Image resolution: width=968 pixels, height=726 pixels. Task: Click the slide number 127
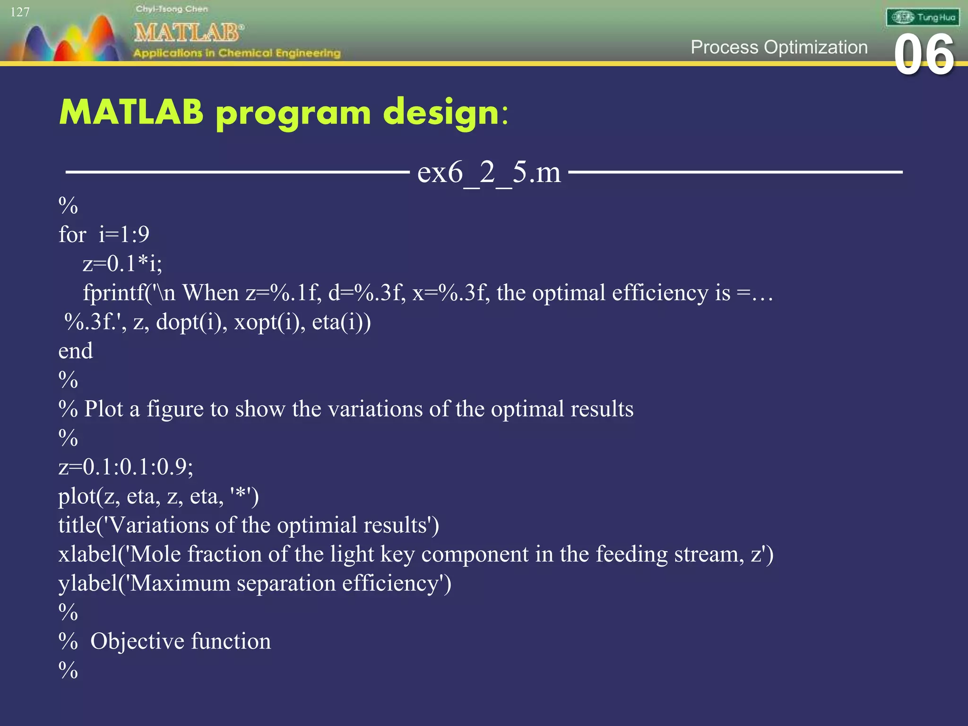coord(20,12)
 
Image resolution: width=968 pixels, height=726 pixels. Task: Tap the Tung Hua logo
coord(922,17)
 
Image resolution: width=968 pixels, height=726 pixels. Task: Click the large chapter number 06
coord(924,55)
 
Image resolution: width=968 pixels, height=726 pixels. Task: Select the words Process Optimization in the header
coord(779,47)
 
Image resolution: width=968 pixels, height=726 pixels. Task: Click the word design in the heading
coord(441,113)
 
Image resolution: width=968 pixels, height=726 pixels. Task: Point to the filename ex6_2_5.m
coord(489,172)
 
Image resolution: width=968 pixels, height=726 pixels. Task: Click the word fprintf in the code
coord(114,293)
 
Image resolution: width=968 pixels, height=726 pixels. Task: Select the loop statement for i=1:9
coord(104,234)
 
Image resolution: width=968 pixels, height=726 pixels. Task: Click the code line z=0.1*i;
coord(122,264)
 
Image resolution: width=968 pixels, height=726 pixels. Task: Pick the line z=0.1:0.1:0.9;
coord(126,467)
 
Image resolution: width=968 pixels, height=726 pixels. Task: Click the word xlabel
coord(87,554)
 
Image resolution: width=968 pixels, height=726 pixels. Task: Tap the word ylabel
coord(87,584)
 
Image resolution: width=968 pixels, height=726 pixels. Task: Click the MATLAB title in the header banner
coord(188,33)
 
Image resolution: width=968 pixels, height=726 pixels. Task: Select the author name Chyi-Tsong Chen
coord(172,9)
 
